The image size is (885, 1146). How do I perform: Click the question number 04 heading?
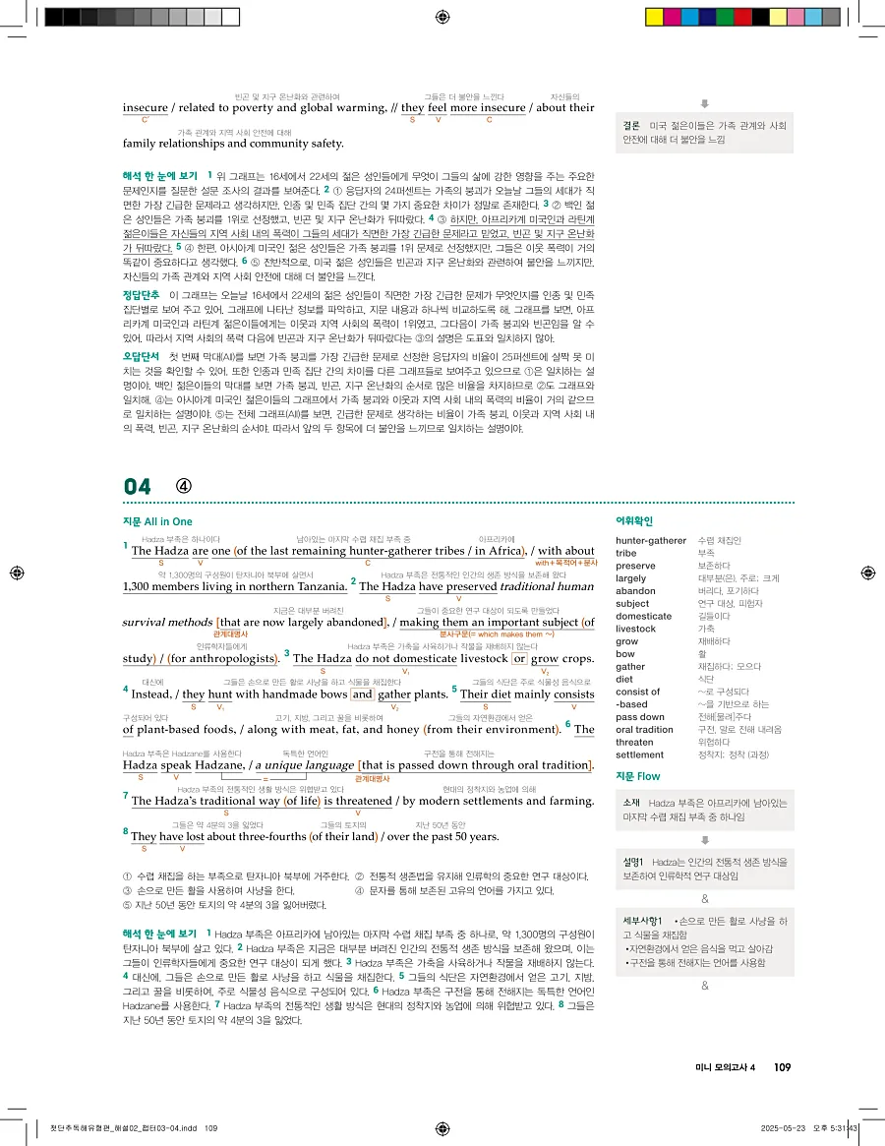coord(139,486)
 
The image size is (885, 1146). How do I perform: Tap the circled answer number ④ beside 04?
coord(184,486)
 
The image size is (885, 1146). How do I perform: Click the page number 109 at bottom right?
coord(783,1067)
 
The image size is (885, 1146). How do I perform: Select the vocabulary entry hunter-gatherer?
coord(650,540)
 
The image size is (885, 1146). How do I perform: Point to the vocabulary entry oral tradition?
coord(644,730)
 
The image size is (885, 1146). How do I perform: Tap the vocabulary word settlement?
coord(641,754)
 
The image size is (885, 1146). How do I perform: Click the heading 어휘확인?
coord(633,521)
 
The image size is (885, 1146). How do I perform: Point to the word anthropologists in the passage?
coord(234,658)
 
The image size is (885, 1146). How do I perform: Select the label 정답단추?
coord(141,294)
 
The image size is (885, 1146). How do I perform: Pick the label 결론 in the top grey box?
coord(631,126)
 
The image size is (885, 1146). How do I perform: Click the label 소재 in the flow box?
coord(632,804)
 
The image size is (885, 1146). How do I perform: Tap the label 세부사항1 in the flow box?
coord(643,922)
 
